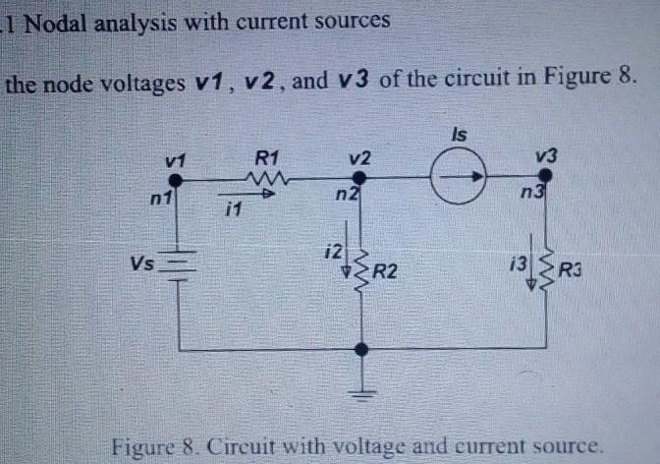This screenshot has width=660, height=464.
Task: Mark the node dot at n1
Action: tap(177, 180)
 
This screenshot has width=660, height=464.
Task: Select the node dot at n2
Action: tap(360, 178)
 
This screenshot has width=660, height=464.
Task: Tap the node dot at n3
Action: tap(546, 175)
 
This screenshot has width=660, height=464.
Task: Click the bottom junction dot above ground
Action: tap(361, 348)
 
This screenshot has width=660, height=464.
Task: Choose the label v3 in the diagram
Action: tap(546, 154)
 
